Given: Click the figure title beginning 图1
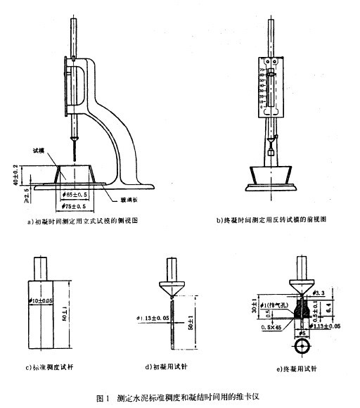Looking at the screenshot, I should (179, 398).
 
